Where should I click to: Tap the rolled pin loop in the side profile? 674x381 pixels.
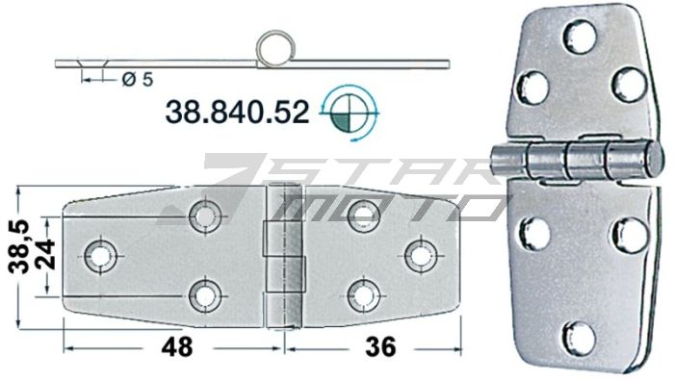[273, 47]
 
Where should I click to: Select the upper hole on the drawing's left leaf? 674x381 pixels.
[205, 216]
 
